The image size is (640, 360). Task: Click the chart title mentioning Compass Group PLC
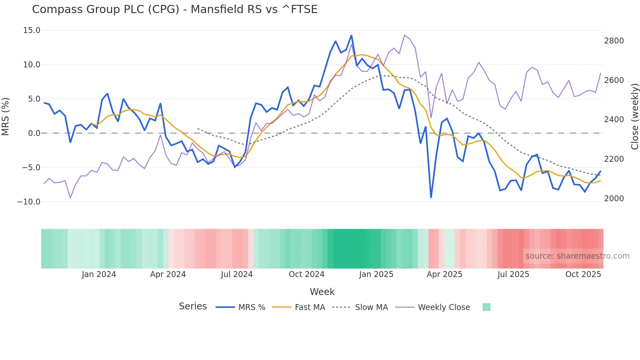[175, 9]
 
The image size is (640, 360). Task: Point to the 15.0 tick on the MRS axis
[32, 30]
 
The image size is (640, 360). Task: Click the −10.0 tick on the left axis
[29, 202]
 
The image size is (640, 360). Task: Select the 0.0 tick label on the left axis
[34, 133]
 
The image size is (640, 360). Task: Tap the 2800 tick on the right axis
[614, 41]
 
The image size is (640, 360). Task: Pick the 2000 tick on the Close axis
[614, 198]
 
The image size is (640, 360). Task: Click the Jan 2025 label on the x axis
[376, 274]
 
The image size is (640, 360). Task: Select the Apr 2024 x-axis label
[168, 274]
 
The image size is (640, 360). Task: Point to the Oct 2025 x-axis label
[583, 274]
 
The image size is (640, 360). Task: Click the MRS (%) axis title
[6, 116]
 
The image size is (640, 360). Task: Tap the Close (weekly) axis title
[634, 116]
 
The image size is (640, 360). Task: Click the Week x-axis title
[322, 292]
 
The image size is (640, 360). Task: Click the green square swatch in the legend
[486, 307]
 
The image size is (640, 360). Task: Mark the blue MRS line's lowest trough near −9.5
[431, 197]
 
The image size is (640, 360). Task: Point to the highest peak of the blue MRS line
[351, 36]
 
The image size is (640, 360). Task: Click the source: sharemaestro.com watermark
[577, 256]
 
